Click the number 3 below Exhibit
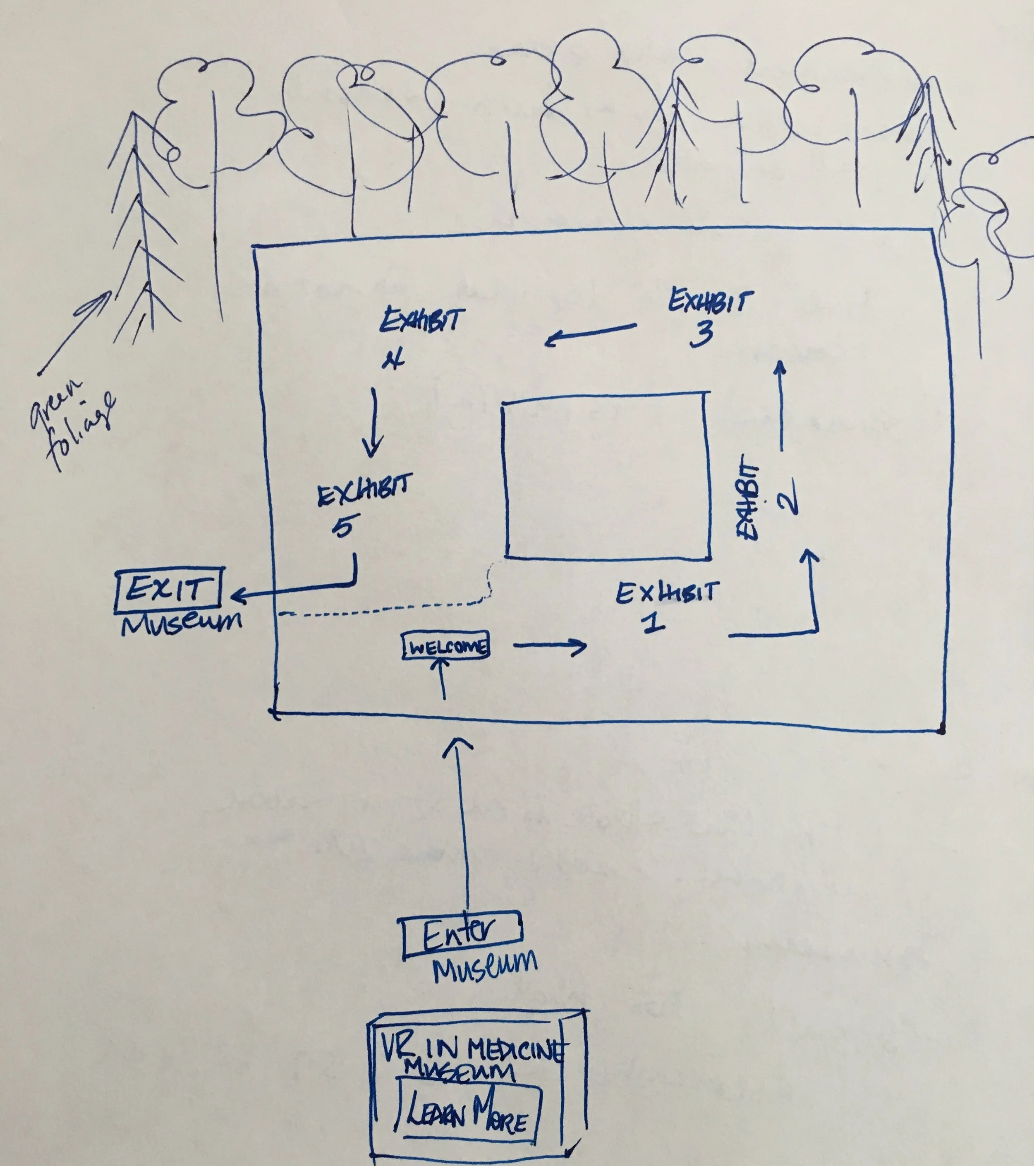[701, 334]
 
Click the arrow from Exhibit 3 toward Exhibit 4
[590, 334]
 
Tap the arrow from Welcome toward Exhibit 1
[551, 646]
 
